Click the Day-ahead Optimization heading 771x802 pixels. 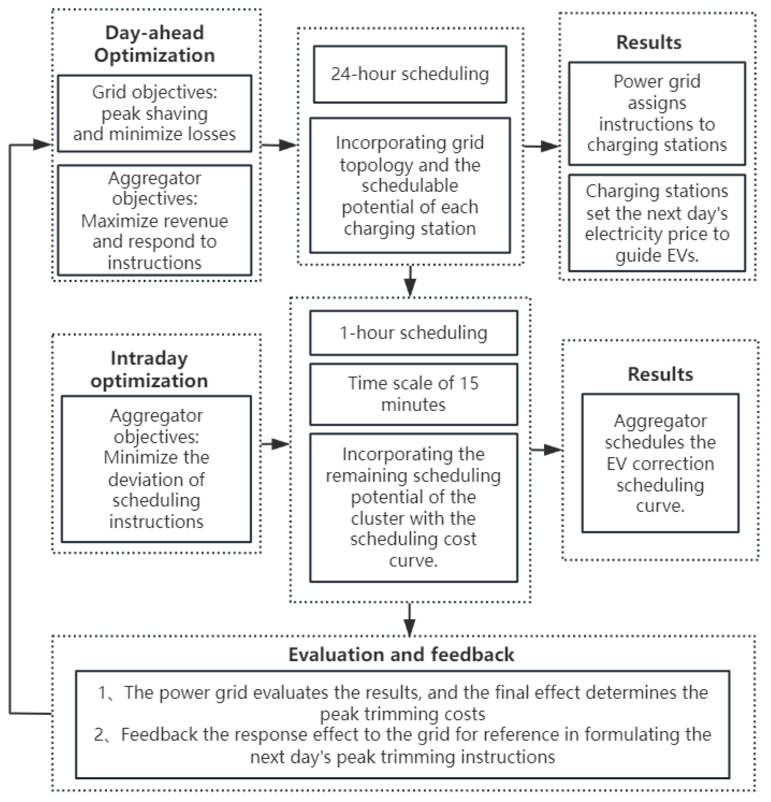pos(154,44)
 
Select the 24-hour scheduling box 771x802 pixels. pos(409,74)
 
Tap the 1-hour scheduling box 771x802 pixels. pos(413,333)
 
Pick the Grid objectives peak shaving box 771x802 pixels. pos(154,113)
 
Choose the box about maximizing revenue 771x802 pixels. pos(154,220)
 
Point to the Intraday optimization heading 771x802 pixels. pos(149,369)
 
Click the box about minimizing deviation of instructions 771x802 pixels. pos(156,468)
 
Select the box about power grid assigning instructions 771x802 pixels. pos(657,113)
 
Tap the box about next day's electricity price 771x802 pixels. pos(657,223)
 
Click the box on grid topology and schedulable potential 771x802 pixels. pos(409,185)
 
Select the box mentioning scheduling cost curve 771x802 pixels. pos(413,507)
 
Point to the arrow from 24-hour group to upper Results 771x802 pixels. pos(542,146)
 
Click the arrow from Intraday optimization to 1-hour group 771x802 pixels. pos(276,444)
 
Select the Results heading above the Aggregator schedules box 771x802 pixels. pos(660,374)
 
